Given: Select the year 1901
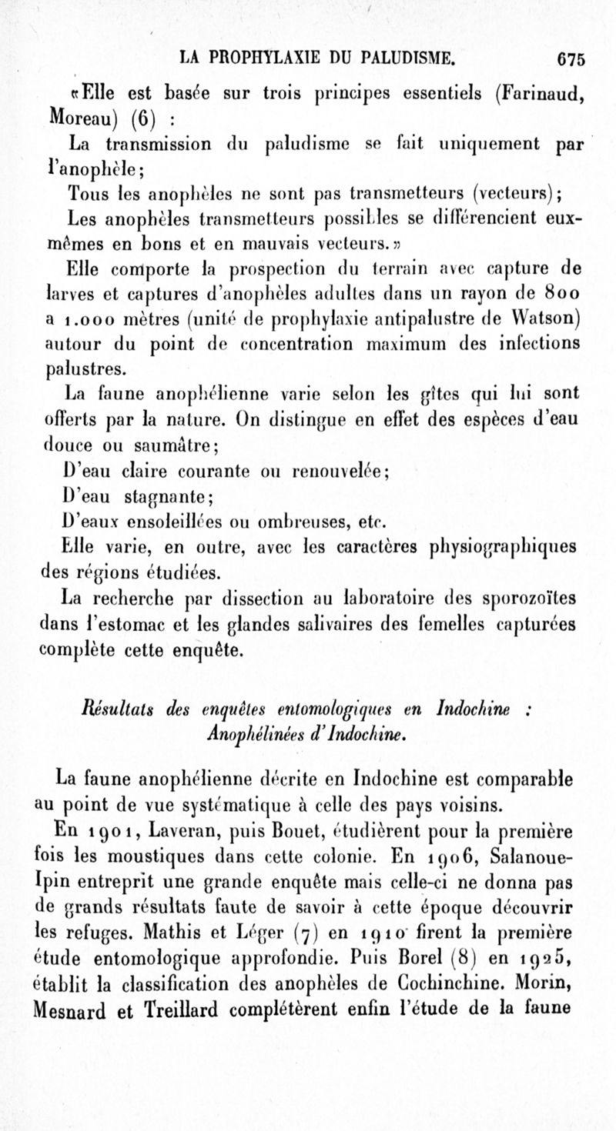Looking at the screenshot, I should [113, 832].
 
